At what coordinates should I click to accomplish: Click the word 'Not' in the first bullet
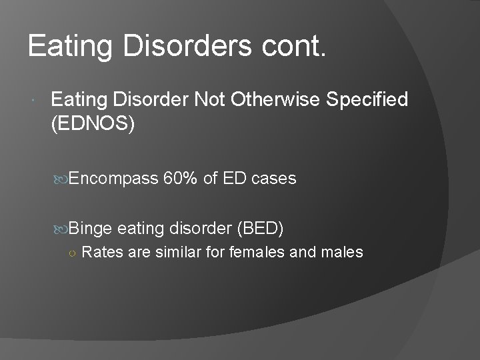209,100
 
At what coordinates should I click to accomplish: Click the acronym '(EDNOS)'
93,125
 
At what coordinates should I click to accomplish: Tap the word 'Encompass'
113,179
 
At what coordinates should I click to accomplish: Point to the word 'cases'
274,178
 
